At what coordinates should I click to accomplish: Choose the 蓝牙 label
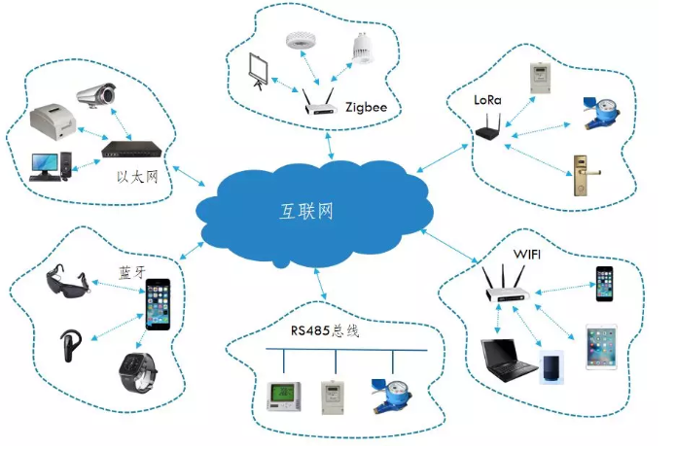[x=128, y=271]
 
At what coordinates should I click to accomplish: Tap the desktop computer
[x=49, y=164]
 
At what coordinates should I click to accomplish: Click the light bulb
[x=362, y=49]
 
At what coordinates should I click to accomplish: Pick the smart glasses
[x=69, y=283]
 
